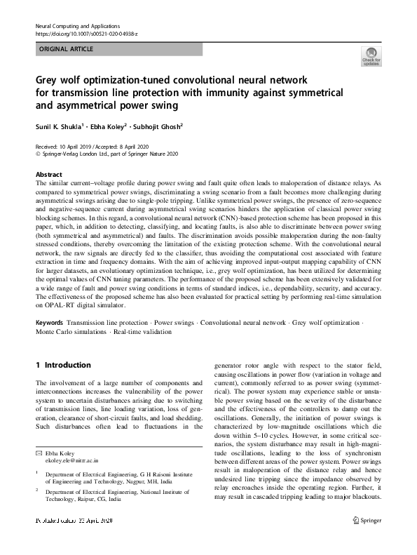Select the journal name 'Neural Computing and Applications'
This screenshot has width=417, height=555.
(76, 26)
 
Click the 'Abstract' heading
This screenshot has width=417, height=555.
(48, 173)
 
